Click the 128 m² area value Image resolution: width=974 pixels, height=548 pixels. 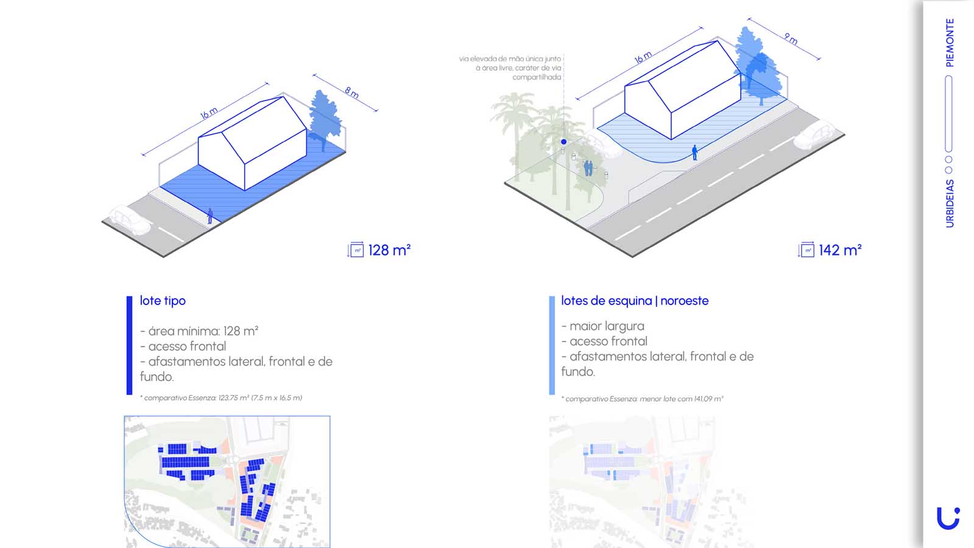coord(389,250)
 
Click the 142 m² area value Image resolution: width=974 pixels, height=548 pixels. coord(839,250)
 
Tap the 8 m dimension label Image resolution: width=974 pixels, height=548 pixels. coord(351,93)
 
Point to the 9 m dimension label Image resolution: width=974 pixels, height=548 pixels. coord(791,39)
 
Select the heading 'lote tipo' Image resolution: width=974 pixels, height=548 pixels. coord(163,301)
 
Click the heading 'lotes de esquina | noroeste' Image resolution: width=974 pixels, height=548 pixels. coord(635,301)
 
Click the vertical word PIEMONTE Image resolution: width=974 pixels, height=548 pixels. coord(950,43)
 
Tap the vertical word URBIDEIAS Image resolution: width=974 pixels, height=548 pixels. coord(950,203)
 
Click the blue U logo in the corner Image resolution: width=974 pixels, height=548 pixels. coord(948,518)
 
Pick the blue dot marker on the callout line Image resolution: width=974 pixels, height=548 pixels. coord(563,142)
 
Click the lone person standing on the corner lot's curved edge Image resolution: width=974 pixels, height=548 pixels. coord(695,153)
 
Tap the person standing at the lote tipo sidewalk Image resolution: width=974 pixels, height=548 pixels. coord(210,216)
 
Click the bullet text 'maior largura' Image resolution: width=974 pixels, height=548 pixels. coord(602,326)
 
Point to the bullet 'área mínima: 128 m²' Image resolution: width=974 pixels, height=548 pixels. coord(199,331)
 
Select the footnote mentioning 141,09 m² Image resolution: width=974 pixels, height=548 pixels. coord(642,398)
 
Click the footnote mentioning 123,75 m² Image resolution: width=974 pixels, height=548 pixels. coord(221,398)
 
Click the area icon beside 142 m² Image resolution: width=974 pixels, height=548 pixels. coord(806,250)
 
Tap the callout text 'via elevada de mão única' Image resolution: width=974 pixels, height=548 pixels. coord(510,58)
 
